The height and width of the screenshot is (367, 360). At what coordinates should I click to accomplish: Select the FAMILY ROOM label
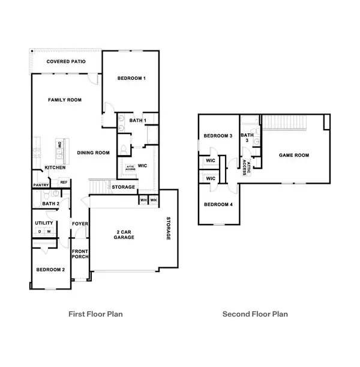tap(65, 100)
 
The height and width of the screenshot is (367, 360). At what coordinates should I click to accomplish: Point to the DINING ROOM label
tap(93, 153)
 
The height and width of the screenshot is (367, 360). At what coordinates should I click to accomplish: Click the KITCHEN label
tap(55, 168)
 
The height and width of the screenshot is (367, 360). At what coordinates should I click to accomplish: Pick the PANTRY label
tap(41, 185)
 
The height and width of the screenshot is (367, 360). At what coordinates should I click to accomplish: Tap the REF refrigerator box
tap(64, 182)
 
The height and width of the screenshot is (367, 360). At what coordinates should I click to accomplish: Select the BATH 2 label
tap(51, 204)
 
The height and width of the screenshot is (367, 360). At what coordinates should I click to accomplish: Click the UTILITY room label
tap(44, 223)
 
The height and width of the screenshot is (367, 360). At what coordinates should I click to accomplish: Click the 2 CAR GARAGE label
tap(125, 234)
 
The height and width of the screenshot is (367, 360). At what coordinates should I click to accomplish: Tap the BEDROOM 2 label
tap(50, 269)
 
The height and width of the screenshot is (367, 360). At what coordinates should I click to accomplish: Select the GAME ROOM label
tap(294, 155)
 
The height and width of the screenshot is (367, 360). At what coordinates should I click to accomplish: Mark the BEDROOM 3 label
tap(218, 136)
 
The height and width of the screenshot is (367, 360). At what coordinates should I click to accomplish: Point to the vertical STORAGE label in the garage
tap(169, 228)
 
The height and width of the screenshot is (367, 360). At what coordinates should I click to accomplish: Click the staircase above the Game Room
tap(286, 123)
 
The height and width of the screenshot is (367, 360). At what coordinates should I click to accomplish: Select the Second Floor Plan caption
tap(255, 314)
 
